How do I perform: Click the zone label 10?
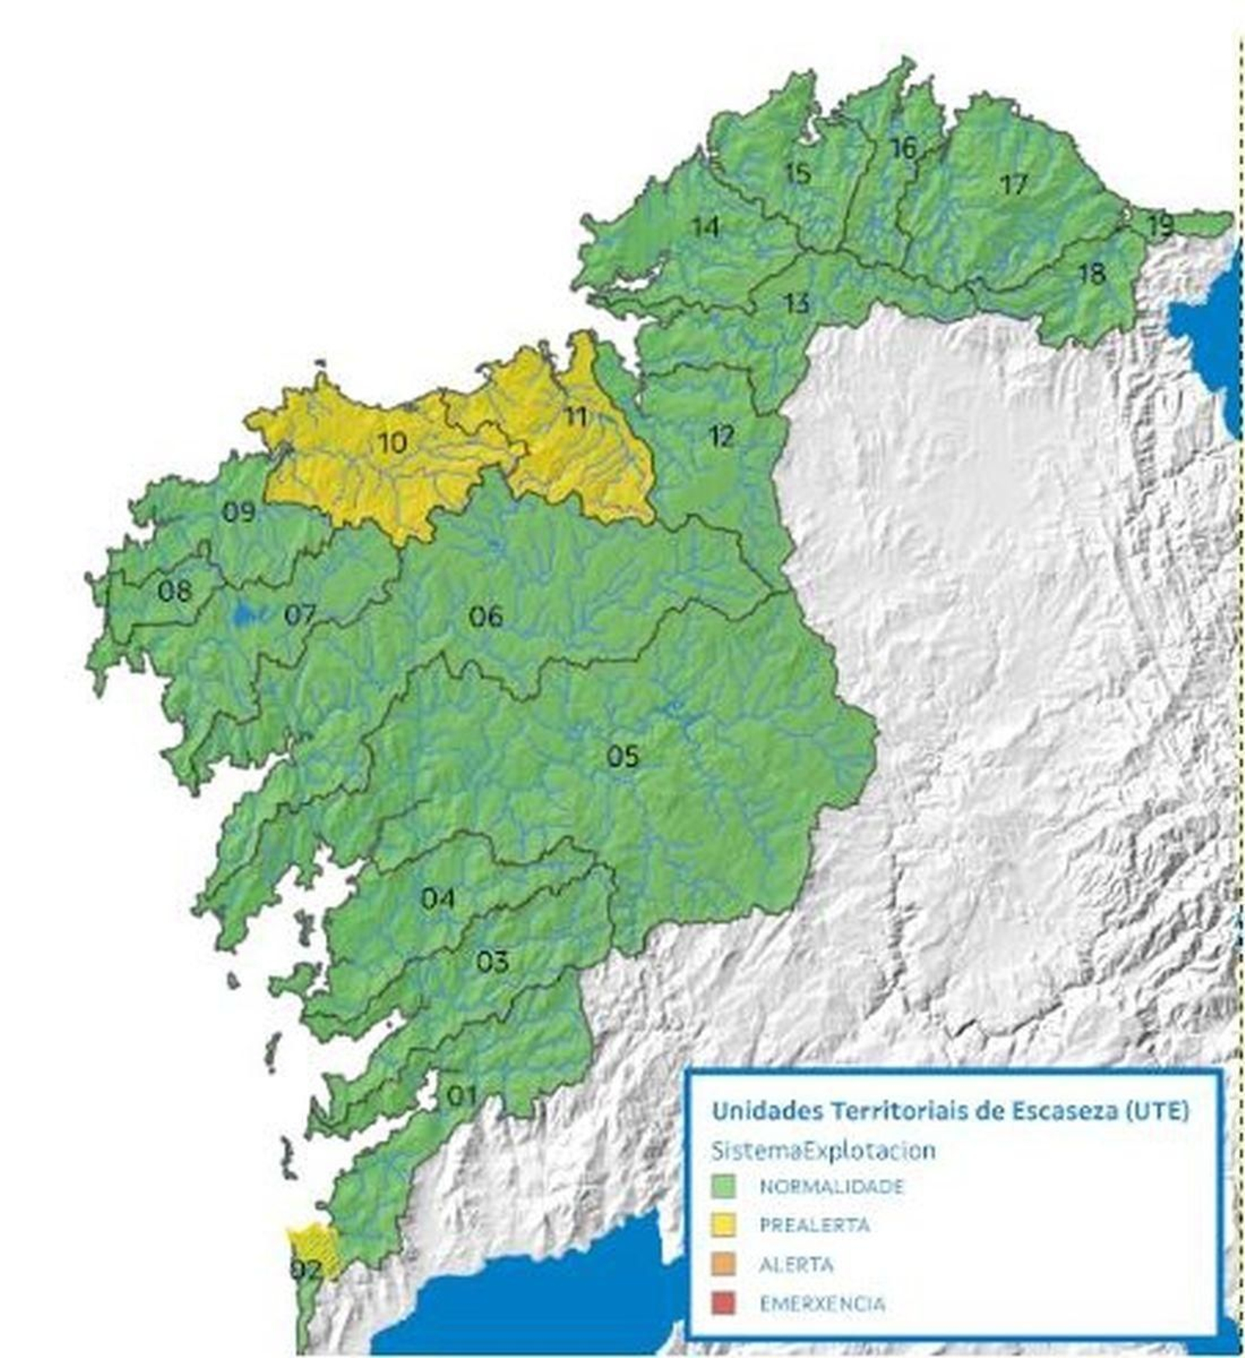tap(392, 443)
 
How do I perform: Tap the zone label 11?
tap(575, 416)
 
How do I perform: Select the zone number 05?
tap(622, 756)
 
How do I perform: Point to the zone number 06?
tap(486, 617)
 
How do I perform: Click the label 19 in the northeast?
tap(1159, 226)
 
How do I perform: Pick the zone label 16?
tap(903, 147)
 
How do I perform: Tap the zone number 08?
tap(174, 591)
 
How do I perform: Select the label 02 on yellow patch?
tap(306, 1271)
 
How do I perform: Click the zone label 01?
tap(461, 1097)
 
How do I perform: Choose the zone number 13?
tap(797, 303)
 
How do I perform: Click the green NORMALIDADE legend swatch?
tap(724, 1186)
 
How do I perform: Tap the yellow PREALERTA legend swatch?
tap(724, 1224)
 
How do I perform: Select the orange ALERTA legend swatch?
tap(724, 1264)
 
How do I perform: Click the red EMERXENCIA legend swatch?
tap(724, 1303)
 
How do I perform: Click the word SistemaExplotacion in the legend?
tap(823, 1150)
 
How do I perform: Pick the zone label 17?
tap(1014, 184)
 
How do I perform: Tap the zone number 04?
tap(437, 899)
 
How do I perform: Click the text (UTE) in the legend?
tap(1157, 1111)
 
